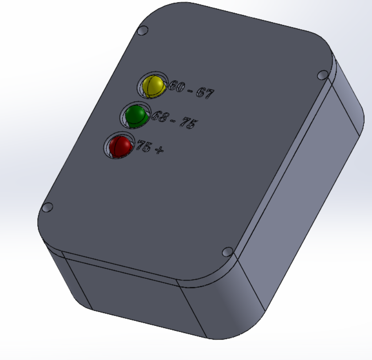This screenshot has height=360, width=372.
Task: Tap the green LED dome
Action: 135,115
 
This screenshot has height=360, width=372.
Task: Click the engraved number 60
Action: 178,87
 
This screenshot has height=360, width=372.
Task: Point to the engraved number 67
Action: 205,94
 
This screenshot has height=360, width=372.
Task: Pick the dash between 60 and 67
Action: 192,91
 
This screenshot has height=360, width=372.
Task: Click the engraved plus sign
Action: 158,150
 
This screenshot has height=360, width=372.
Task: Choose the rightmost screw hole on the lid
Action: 323,74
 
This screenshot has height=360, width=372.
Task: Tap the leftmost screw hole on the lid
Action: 47,207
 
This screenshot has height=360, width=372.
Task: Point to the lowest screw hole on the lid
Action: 227,252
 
